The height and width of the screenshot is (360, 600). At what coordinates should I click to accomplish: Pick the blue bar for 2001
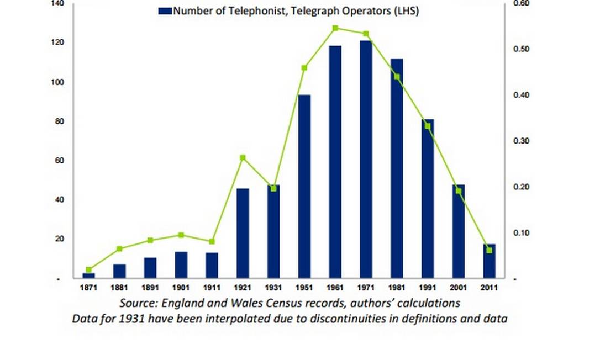pos(459,231)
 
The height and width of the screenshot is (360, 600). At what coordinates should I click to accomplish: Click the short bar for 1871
pos(88,275)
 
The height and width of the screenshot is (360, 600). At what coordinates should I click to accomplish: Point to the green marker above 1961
pos(335,28)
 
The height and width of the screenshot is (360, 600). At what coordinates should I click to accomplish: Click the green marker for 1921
pos(243,158)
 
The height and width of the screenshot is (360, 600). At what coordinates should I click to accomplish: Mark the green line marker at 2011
pos(489,250)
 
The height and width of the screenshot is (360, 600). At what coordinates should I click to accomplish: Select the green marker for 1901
pos(181,235)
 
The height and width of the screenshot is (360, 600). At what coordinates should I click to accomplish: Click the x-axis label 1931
pos(273,288)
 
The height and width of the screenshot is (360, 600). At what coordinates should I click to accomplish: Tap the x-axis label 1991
pos(428,288)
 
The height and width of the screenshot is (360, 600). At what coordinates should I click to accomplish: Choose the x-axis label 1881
pos(119,288)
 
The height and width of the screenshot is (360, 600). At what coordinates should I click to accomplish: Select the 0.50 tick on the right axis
pos(522,49)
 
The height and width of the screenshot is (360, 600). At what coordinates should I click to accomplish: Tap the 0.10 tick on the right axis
pos(522,233)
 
